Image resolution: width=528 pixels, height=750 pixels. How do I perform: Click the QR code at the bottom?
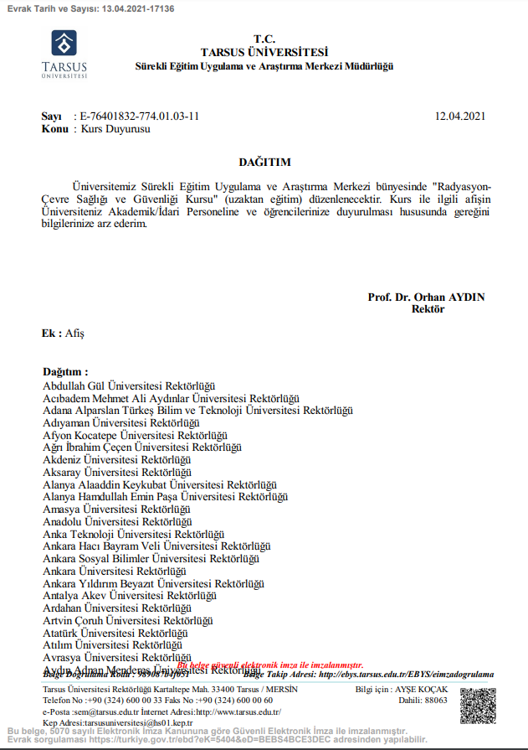(477, 705)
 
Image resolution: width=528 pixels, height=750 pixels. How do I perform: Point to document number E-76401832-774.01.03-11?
(140, 116)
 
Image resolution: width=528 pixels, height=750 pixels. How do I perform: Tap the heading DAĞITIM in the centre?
(264, 162)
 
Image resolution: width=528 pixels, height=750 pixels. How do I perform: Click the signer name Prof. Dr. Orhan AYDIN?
(426, 297)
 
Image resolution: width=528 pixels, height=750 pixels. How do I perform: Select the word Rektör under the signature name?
(428, 309)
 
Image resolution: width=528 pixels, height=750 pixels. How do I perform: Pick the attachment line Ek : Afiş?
(63, 333)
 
